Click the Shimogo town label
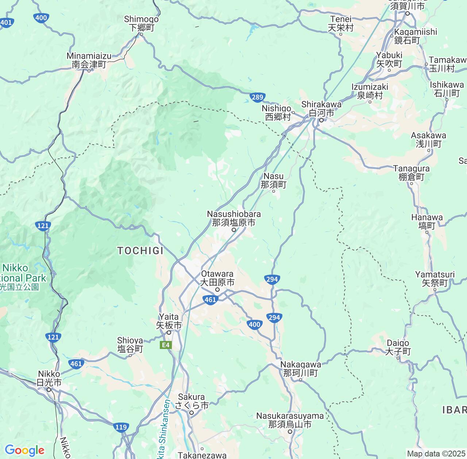click(x=142, y=23)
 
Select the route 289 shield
click(x=257, y=97)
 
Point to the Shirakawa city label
click(x=321, y=109)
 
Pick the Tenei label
click(x=341, y=23)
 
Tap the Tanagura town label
click(x=412, y=173)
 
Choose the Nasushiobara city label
click(x=234, y=218)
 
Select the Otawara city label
click(x=217, y=278)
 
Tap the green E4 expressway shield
click(x=166, y=345)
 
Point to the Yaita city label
click(x=169, y=321)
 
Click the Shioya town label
click(x=130, y=345)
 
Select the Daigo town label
click(x=398, y=347)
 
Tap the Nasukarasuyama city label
click(x=290, y=420)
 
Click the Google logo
click(x=24, y=450)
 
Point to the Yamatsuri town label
click(x=435, y=279)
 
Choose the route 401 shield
click(x=6, y=23)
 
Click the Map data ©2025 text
click(x=436, y=454)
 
